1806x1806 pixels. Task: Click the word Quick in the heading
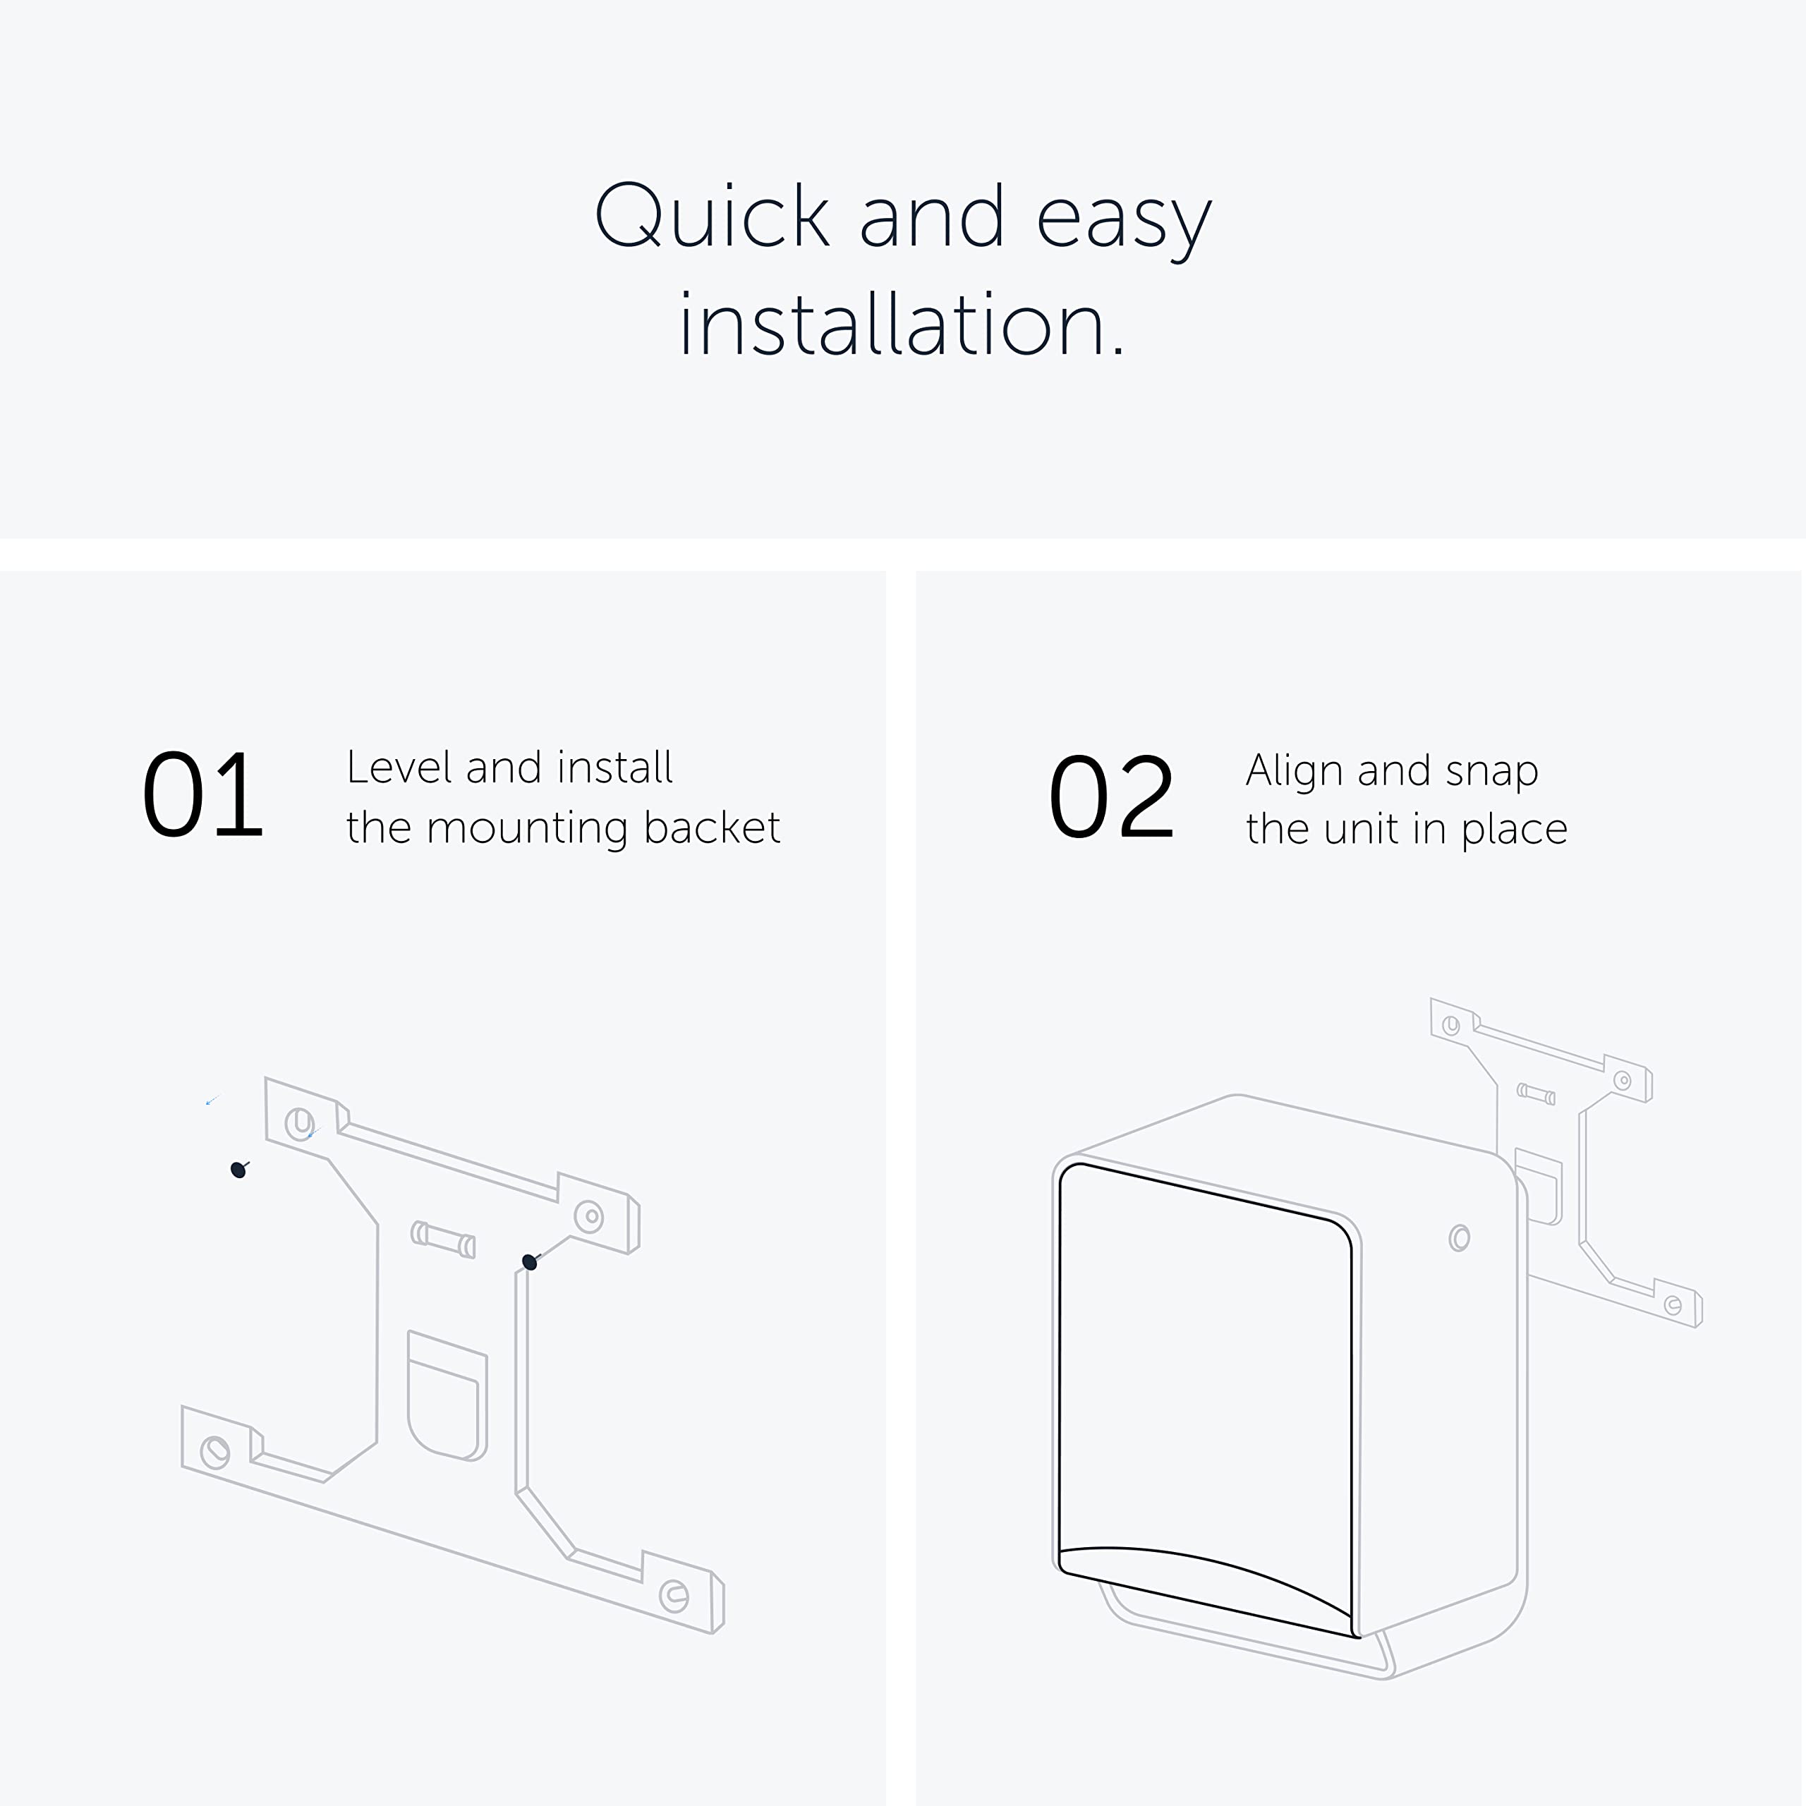tap(713, 217)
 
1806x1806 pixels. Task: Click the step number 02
tap(1110, 797)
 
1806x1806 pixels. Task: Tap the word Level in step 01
tap(399, 768)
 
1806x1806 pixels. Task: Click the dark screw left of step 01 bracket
tap(238, 1170)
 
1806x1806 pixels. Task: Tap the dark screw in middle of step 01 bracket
tap(529, 1262)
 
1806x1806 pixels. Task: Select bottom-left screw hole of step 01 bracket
tap(215, 1452)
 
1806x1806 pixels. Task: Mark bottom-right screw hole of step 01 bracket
tap(673, 1596)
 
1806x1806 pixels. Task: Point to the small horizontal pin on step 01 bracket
tap(443, 1240)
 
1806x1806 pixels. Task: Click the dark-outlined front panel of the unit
tap(1206, 1383)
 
